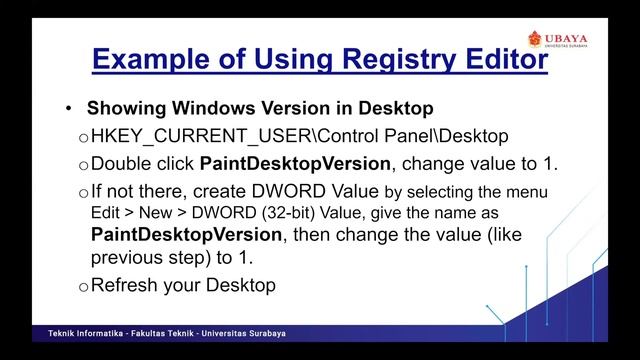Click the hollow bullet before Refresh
pyautogui.click(x=83, y=287)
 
